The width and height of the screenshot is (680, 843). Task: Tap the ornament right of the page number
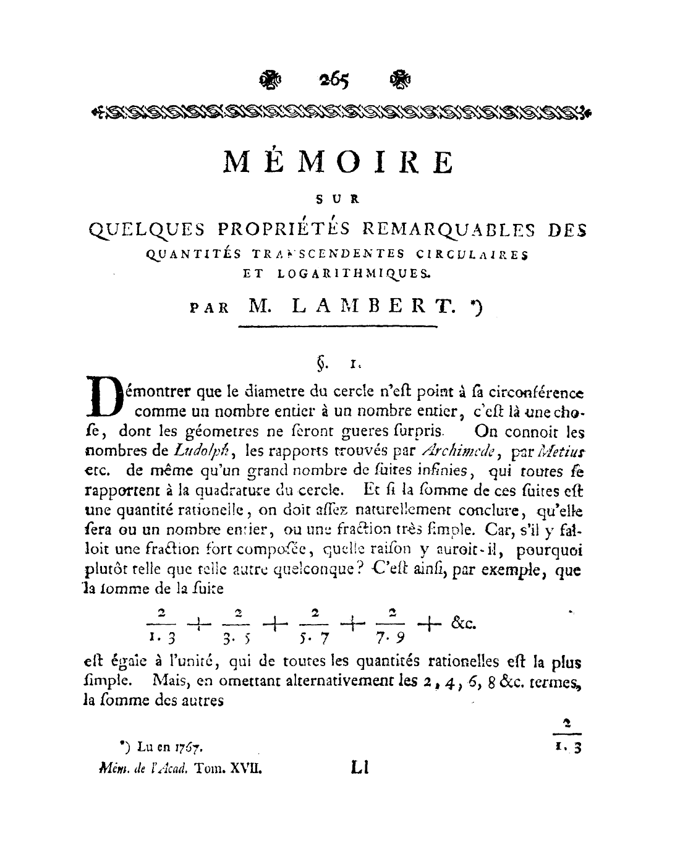[401, 79]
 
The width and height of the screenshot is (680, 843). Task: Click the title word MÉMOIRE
[338, 161]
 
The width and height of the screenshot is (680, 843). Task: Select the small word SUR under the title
[338, 199]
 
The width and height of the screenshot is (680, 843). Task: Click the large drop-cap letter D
[103, 396]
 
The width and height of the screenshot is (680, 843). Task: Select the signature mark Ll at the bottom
[359, 769]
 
